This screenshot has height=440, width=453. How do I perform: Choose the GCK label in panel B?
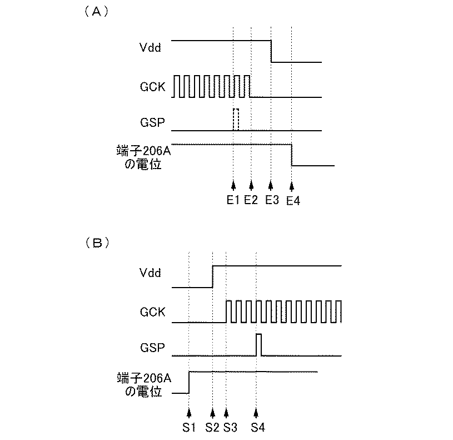point(152,312)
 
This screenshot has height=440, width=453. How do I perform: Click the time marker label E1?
point(233,201)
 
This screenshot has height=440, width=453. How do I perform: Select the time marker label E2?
point(251,201)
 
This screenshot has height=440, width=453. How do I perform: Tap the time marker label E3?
point(271,201)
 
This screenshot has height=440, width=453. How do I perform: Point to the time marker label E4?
point(293,201)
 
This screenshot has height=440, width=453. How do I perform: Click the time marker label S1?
point(189,428)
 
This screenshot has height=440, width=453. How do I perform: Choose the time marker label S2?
point(212,428)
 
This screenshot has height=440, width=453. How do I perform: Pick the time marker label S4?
point(257,428)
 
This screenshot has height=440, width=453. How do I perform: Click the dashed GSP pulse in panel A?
point(236,120)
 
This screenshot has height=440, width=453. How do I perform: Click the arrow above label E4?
point(292,186)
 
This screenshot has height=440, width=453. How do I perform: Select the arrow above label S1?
point(189,413)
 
